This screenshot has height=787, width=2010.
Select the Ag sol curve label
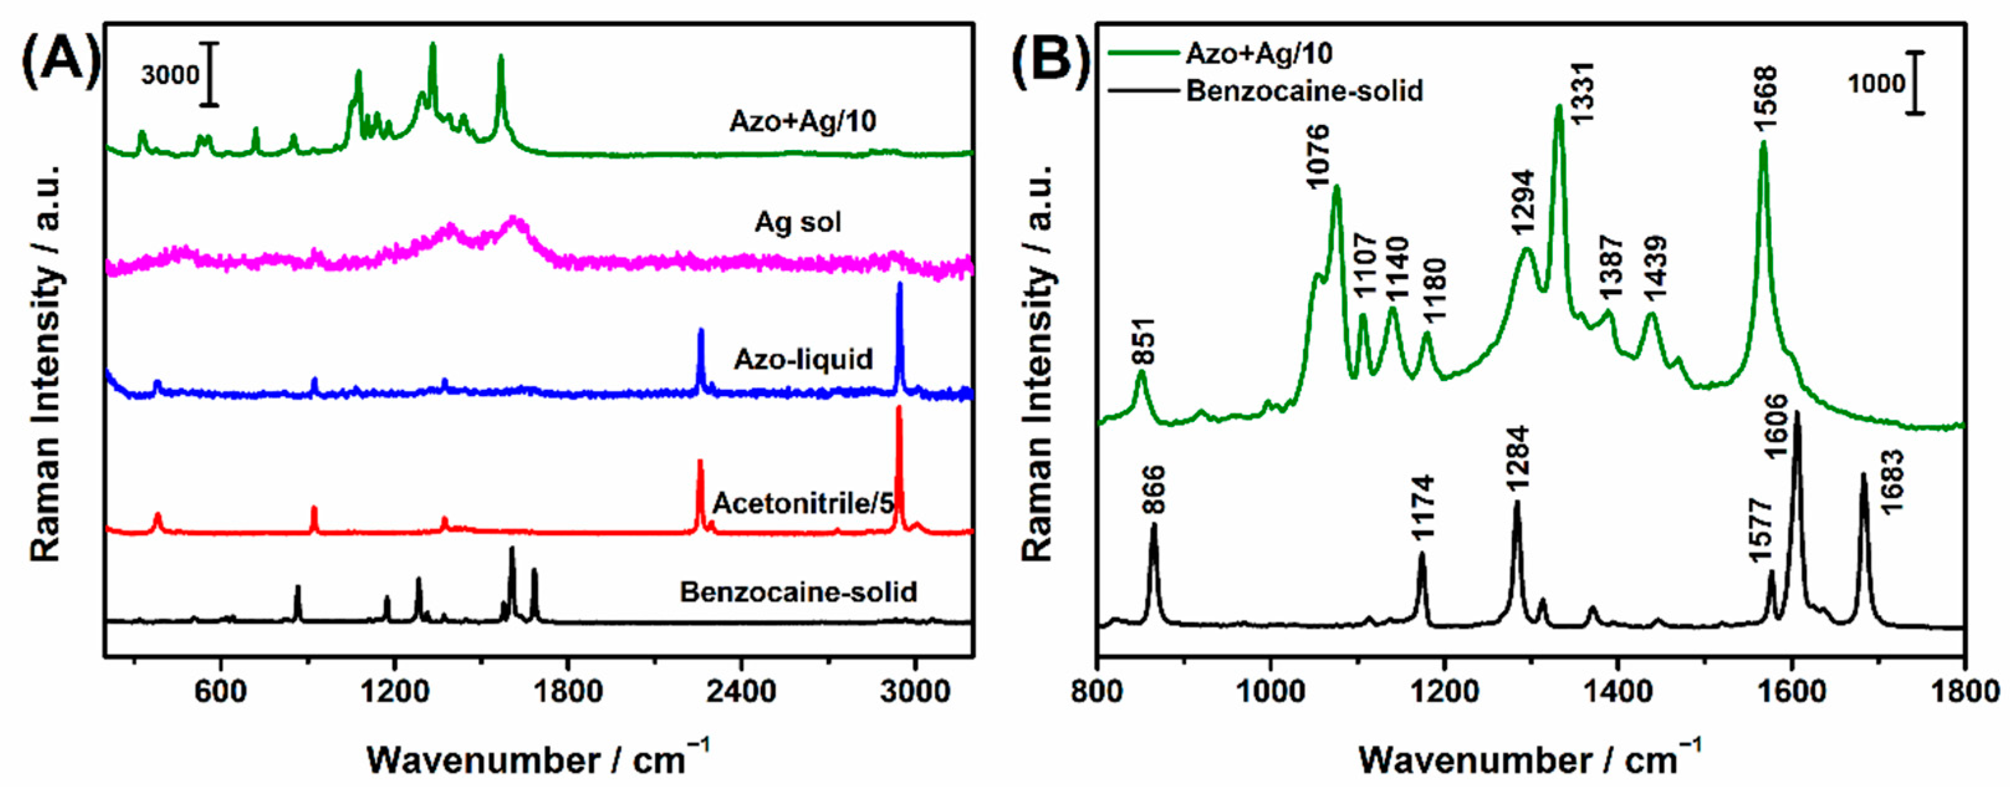pos(798,223)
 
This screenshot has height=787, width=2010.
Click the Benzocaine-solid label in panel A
pos(798,592)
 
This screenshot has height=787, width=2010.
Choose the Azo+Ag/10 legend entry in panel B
pos(1258,53)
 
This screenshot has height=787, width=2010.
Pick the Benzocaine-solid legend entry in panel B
pos(1304,91)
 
